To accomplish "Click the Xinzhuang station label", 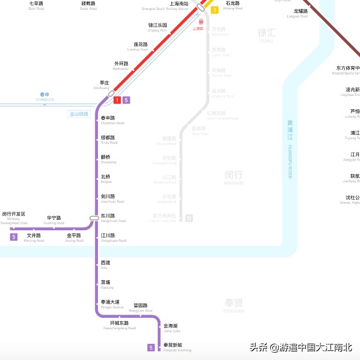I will tap(104, 84).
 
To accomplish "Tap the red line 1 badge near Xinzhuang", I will tap(117, 100).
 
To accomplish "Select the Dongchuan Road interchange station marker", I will tap(94, 218).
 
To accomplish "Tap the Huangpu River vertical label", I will tap(290, 149).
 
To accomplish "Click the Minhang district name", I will tap(234, 177).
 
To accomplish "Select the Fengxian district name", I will tap(234, 305).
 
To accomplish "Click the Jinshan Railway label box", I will tap(79, 114).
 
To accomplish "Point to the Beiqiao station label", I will tap(106, 179).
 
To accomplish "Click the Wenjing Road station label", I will tap(34, 238).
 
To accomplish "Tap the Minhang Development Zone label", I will tap(14, 218).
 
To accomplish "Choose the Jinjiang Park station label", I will tap(157, 27).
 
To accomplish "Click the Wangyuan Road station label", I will tap(142, 307).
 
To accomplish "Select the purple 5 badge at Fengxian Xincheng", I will tap(151, 347).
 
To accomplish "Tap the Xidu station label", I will tap(105, 264).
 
